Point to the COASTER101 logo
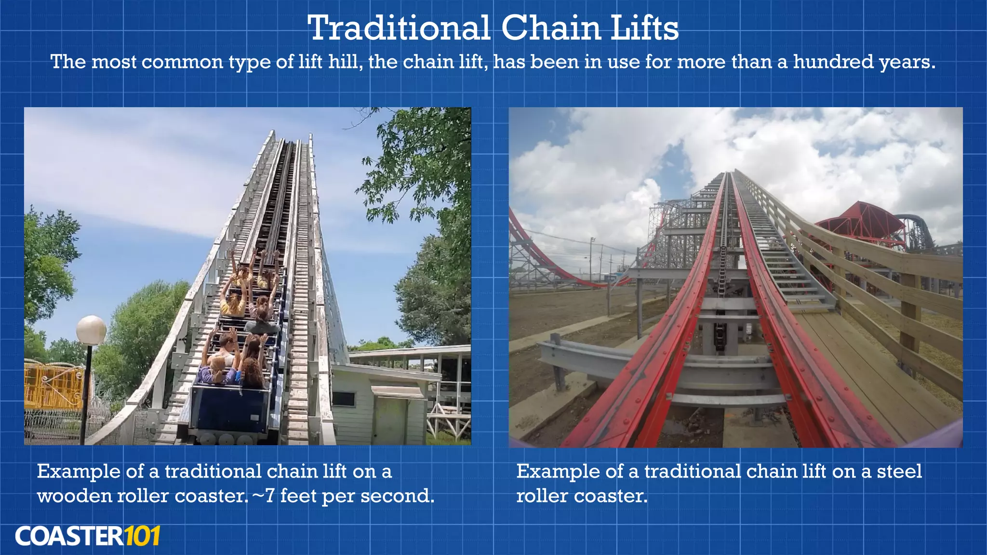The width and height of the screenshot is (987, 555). point(87,536)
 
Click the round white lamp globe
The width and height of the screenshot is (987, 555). point(91,330)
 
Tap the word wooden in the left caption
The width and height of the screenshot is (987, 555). point(74,496)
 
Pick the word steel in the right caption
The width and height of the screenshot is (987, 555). point(899,471)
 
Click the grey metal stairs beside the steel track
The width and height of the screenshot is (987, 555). point(790,270)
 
